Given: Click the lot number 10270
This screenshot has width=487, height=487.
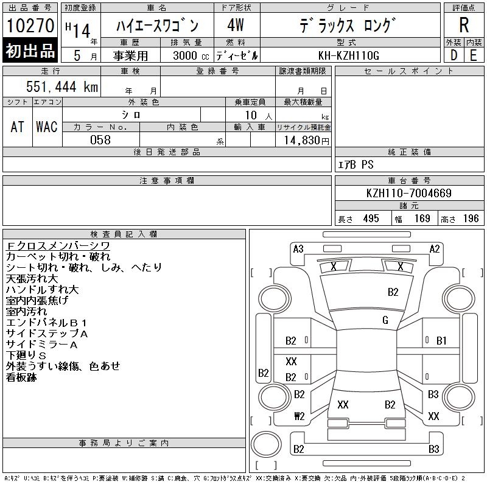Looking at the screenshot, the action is pos(30,26).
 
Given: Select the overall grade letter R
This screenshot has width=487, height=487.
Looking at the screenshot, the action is pos(464,26).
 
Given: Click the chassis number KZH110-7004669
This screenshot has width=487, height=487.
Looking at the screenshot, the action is pos(408,194).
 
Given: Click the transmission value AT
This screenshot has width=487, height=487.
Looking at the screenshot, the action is pos(18,127).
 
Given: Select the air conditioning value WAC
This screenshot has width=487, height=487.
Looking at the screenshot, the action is pos(46,127).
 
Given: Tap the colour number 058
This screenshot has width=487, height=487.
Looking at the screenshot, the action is pos(100,140).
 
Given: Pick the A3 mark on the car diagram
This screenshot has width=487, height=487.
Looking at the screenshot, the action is pos(298,249).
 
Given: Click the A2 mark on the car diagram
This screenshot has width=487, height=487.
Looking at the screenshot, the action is pos(435,249).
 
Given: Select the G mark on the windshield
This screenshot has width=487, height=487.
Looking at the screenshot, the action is pos(385,320).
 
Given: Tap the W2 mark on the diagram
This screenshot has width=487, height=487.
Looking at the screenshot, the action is pos(299,417).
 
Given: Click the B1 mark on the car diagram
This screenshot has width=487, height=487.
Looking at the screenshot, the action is pos(441,341).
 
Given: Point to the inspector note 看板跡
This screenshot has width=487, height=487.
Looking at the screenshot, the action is pos(21,377).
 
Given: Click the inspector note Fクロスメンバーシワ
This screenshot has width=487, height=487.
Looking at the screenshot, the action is pos(58,245).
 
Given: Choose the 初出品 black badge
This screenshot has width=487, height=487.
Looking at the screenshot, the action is pos(30,51).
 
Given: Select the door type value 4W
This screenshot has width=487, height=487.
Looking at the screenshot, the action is pos(236,26).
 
